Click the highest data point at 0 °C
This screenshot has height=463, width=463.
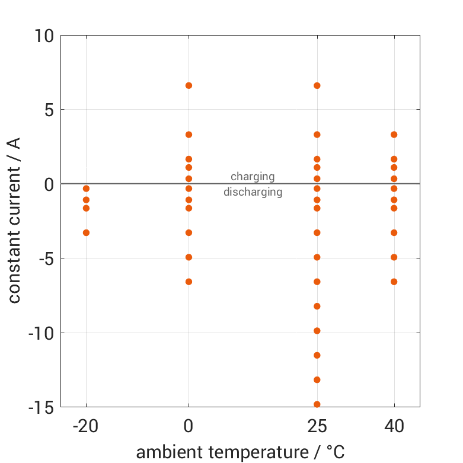point(189,85)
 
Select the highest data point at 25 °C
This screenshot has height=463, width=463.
point(317,85)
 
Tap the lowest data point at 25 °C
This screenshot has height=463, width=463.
point(317,404)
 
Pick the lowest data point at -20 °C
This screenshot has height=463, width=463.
point(86,232)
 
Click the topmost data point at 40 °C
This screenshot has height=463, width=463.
point(394,135)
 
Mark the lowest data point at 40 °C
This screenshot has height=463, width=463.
point(394,282)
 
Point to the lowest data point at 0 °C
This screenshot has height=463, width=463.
point(189,282)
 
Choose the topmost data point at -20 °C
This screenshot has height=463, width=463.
point(86,189)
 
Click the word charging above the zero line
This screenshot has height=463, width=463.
point(253,177)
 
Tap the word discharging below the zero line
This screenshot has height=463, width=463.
point(253,192)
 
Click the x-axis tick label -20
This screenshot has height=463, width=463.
point(86,426)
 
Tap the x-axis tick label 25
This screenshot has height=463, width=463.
point(317,426)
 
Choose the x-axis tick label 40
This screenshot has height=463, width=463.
point(394,426)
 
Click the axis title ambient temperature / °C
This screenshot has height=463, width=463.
point(240,452)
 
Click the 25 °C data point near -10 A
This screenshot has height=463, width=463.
point(317,331)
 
